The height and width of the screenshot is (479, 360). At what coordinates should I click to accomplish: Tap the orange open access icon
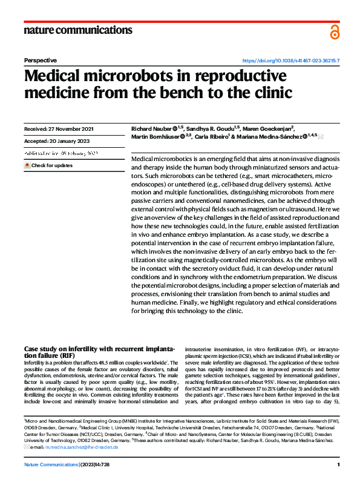coord(335,31)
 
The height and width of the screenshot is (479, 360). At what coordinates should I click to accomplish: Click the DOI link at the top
coord(291,61)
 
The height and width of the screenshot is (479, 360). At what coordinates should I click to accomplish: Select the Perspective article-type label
coord(40,61)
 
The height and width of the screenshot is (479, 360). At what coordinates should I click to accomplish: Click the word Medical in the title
coord(54,77)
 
